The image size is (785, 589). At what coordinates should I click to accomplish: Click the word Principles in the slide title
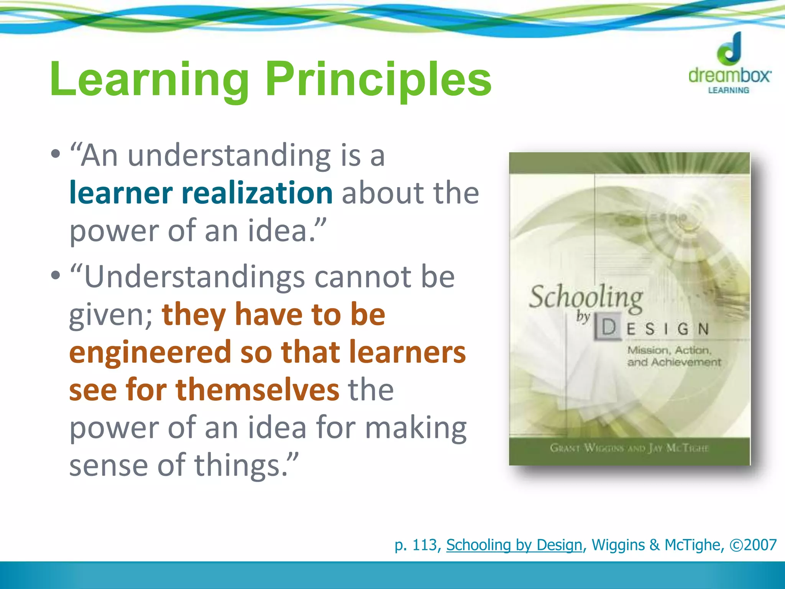(x=378, y=80)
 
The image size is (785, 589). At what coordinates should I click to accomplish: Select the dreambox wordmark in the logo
(x=729, y=75)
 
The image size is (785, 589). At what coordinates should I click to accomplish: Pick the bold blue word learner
(x=120, y=193)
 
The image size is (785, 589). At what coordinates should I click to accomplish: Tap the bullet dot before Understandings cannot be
(x=56, y=275)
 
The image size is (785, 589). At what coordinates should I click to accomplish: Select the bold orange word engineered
(x=150, y=352)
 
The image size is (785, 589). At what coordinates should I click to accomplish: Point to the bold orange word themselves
(x=258, y=390)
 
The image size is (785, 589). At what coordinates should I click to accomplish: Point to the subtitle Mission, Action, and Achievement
(x=673, y=356)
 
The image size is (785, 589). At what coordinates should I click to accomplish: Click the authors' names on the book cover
(x=629, y=448)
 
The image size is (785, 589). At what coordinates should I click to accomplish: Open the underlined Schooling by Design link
(x=514, y=545)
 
